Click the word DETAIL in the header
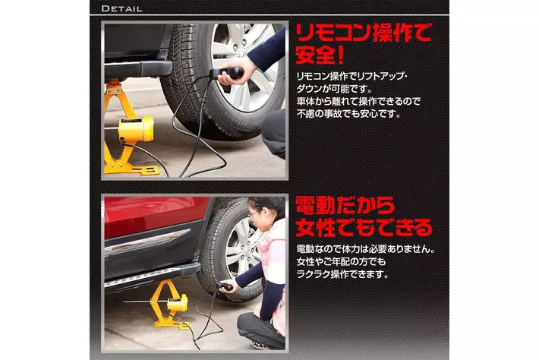121,8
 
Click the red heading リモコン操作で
363,33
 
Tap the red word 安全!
320,55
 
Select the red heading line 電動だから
345,206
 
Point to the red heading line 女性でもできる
364,228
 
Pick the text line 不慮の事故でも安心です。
348,113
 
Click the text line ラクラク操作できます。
342,274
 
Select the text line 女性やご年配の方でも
341,262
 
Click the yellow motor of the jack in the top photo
135,128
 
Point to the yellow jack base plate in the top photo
132,169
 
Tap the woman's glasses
254,214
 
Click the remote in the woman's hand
225,286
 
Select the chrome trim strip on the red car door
148,242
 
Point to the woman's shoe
260,346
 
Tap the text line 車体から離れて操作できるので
358,101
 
